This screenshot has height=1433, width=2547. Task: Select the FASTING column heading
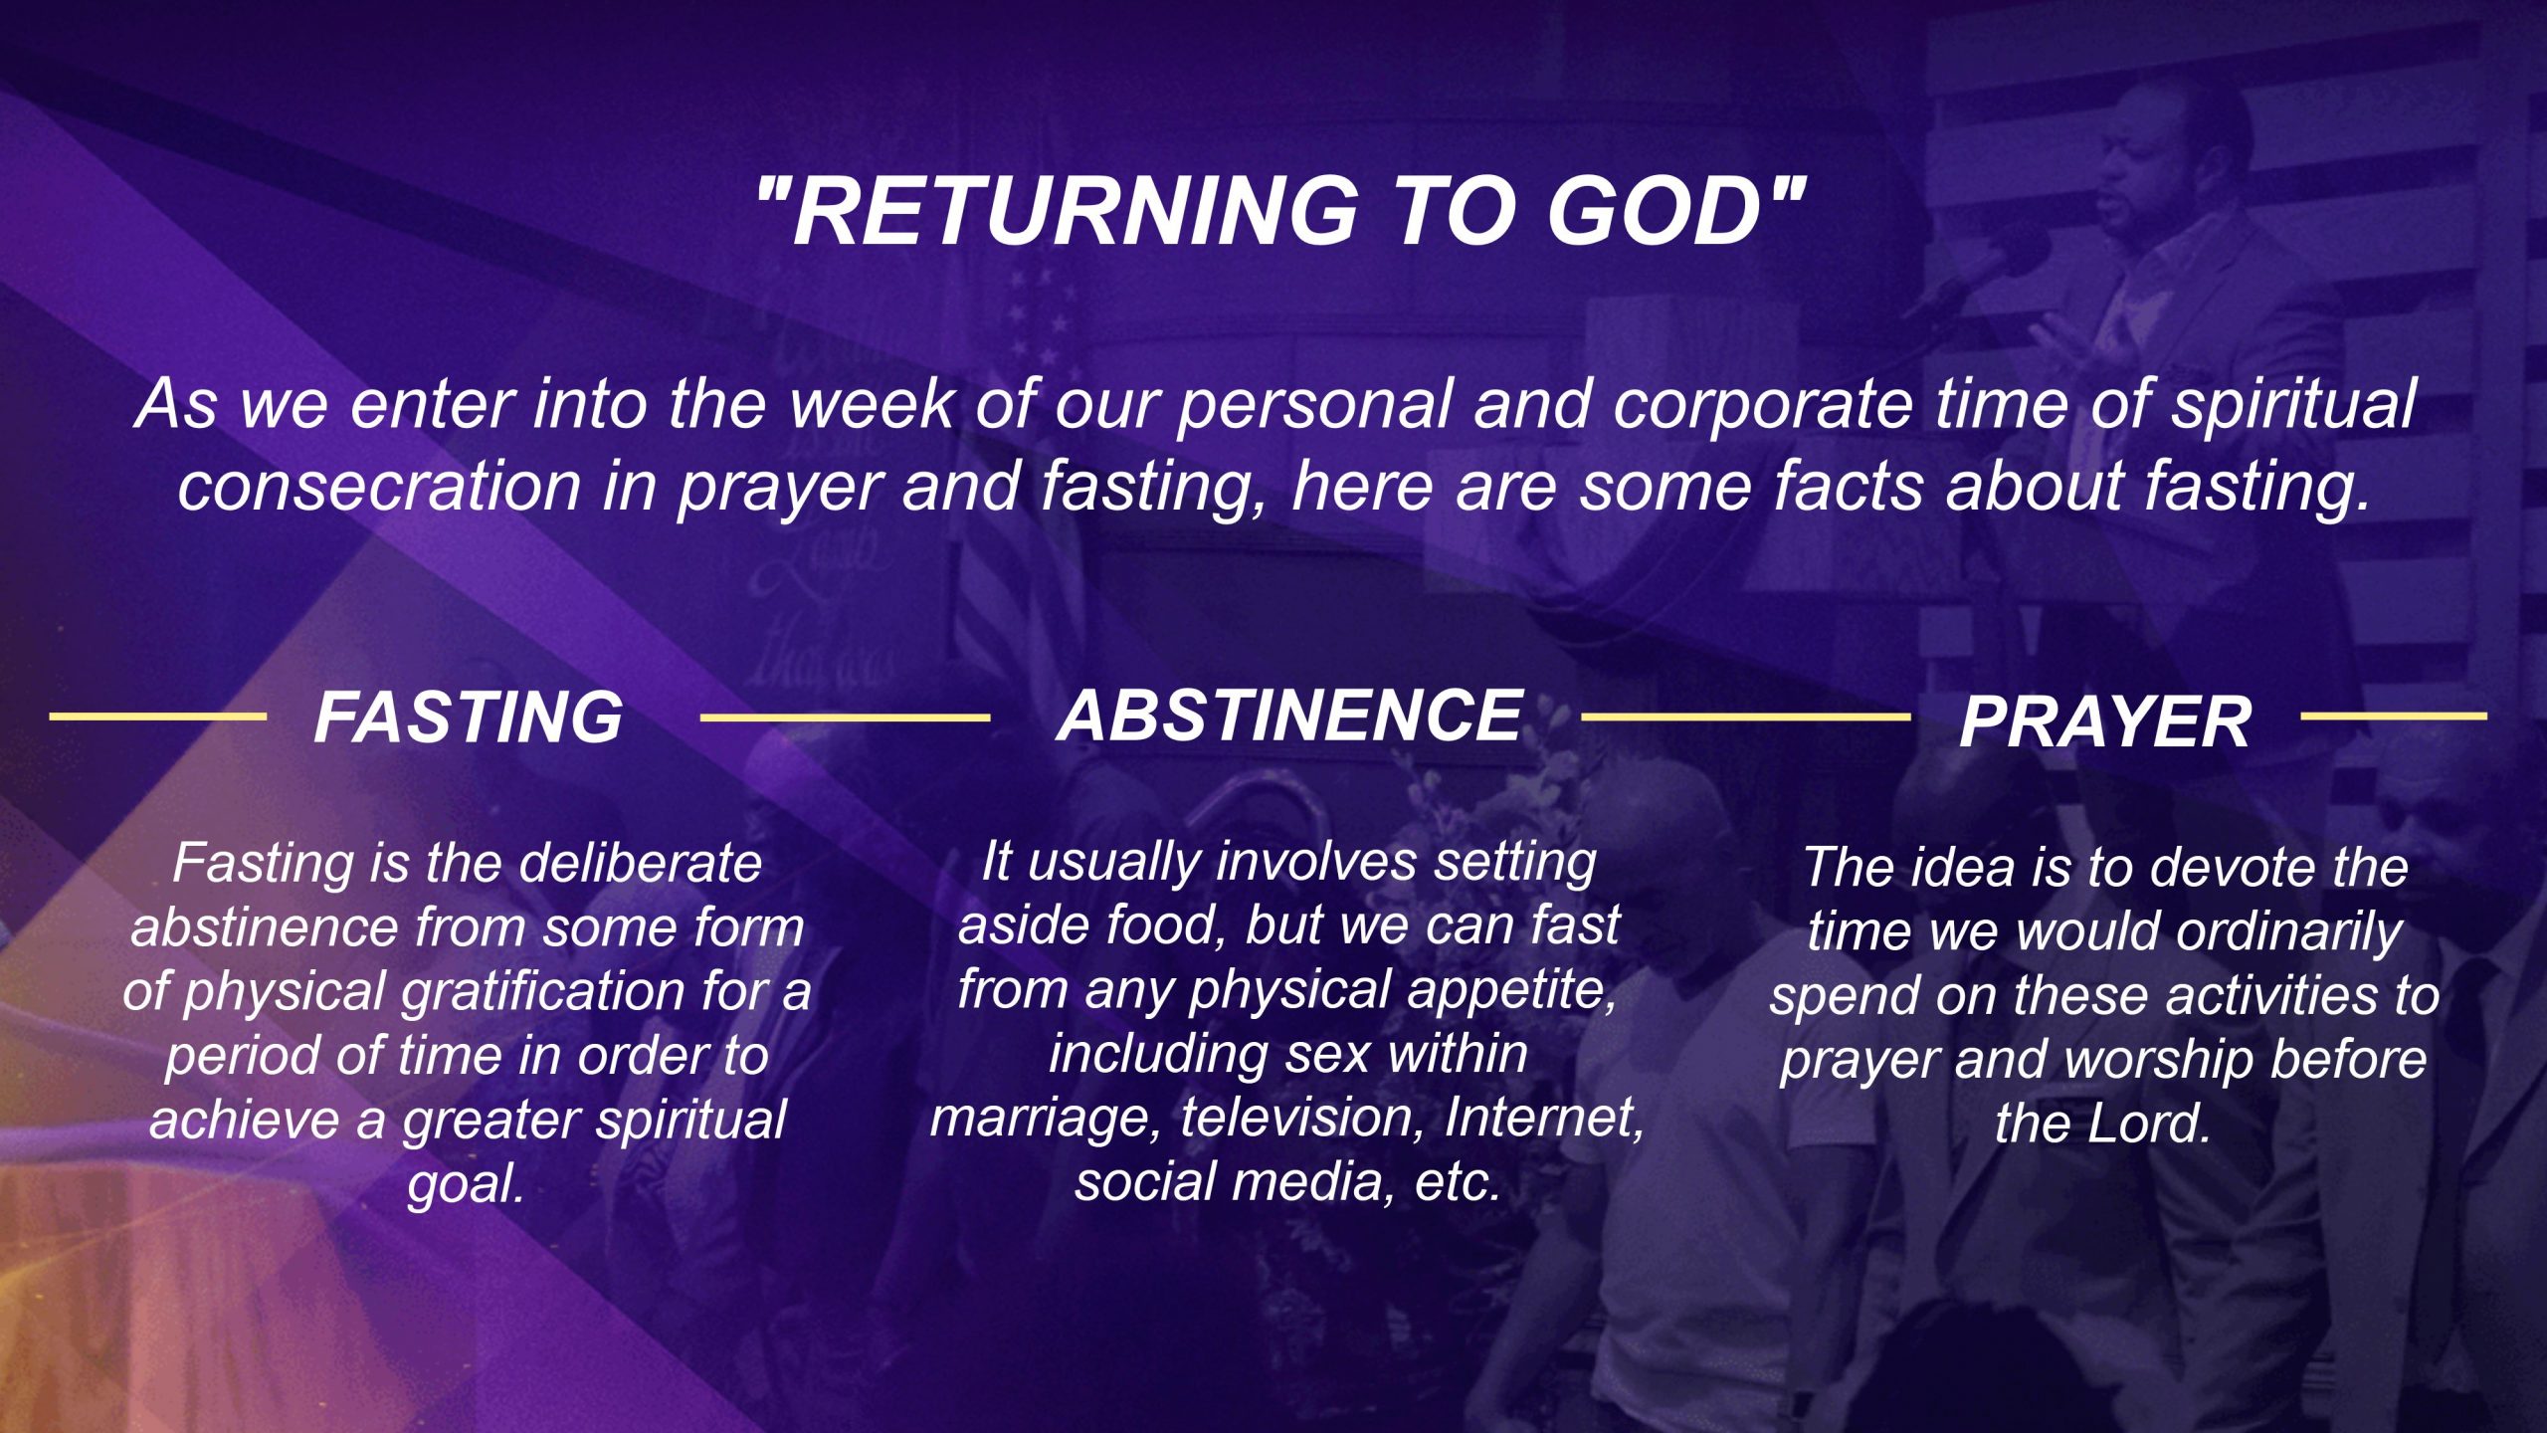click(x=469, y=717)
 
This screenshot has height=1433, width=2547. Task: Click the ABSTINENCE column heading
click(x=1289, y=715)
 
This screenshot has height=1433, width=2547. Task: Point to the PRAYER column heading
click(x=2105, y=721)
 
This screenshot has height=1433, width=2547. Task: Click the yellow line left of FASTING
click(x=158, y=716)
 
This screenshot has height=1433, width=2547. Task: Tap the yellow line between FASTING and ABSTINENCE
click(x=846, y=716)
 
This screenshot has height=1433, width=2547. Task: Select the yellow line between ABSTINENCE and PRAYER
click(x=1746, y=716)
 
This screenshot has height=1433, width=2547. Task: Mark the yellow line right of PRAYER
click(x=2394, y=716)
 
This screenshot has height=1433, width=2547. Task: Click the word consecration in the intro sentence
click(x=379, y=487)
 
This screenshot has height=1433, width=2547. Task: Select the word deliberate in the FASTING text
click(x=640, y=863)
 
